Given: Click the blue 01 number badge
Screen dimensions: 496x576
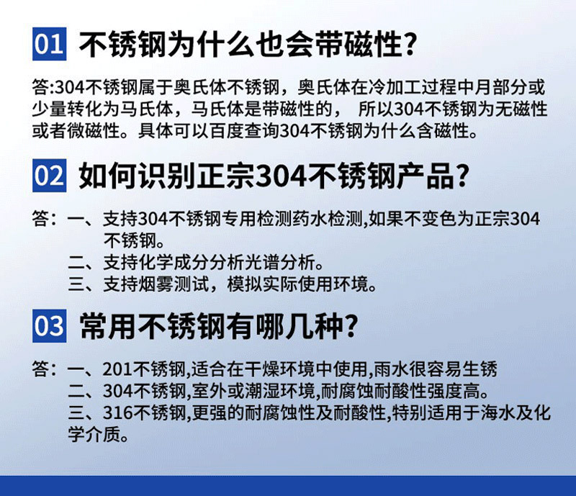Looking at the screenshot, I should coord(50,46).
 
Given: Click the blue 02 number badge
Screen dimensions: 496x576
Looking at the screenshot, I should coord(50,176).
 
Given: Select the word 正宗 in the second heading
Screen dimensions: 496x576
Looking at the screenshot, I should coord(228,176).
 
